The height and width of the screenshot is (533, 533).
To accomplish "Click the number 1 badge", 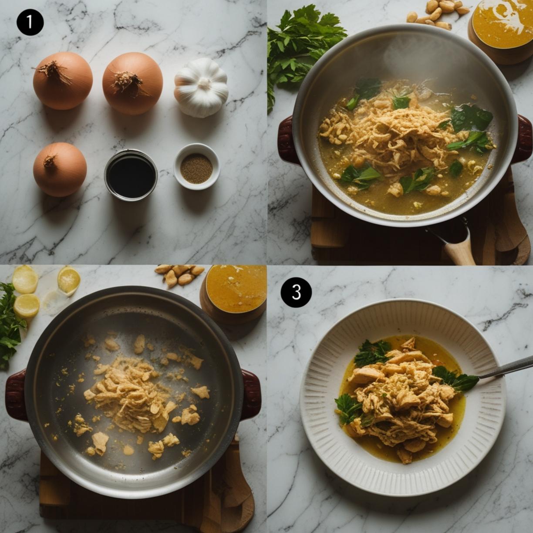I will coord(30,22).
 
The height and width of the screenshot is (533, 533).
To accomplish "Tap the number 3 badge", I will coord(296,292).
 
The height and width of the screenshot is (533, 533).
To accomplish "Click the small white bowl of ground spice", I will coord(196,167).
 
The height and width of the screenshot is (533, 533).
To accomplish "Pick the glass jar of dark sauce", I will coord(131,175).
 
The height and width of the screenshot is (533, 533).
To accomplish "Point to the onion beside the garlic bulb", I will coord(132,83).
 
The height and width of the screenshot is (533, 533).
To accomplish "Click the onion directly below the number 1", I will coord(63,81).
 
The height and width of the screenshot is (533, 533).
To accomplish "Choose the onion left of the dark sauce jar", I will coord(60,169).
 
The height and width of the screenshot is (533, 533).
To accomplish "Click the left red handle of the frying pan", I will coord(16,394).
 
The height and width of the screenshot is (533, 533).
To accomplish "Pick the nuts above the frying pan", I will coord(179,275).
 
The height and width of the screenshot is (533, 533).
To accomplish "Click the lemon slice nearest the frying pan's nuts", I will coord(69,280).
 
